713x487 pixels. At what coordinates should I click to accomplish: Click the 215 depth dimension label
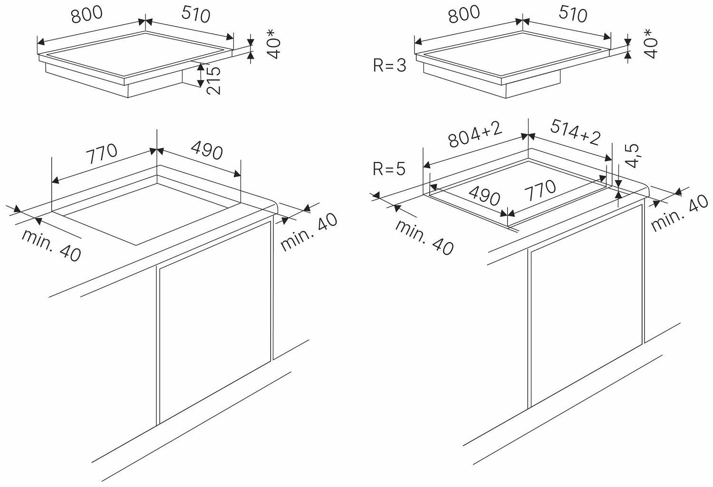(x=214, y=80)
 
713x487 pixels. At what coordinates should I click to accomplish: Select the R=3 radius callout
(x=390, y=65)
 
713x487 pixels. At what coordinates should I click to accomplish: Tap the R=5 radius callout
(x=390, y=169)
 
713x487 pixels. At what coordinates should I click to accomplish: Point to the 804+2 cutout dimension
(x=475, y=134)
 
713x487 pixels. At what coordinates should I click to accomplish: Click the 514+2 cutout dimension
(x=576, y=132)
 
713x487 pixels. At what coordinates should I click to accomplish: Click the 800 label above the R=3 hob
(x=464, y=14)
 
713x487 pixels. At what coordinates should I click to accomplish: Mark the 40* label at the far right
(x=651, y=44)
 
